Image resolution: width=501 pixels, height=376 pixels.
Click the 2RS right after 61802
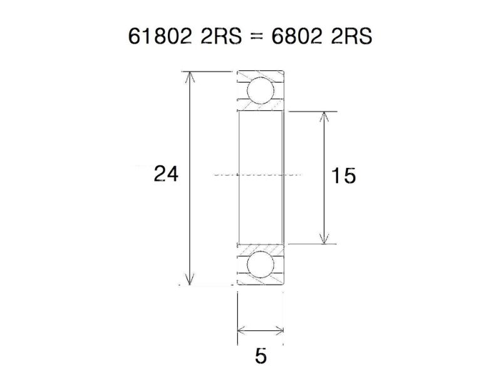pyautogui.click(x=215, y=37)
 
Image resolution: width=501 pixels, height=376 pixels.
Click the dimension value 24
pyautogui.click(x=166, y=174)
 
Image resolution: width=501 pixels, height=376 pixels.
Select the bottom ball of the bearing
pyautogui.click(x=260, y=265)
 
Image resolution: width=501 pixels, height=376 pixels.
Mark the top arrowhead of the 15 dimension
pyautogui.click(x=323, y=117)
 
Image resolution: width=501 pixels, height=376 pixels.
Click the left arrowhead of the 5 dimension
pyautogui.click(x=242, y=331)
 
